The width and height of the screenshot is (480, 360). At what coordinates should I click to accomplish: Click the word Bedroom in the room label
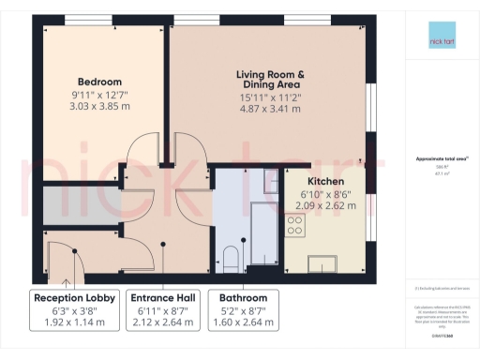[99, 82]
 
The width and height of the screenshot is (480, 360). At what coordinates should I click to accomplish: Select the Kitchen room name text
[326, 181]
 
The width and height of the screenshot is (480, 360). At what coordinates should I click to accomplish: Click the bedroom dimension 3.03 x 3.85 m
[99, 108]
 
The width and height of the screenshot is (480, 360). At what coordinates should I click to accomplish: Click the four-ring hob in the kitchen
[295, 225]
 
